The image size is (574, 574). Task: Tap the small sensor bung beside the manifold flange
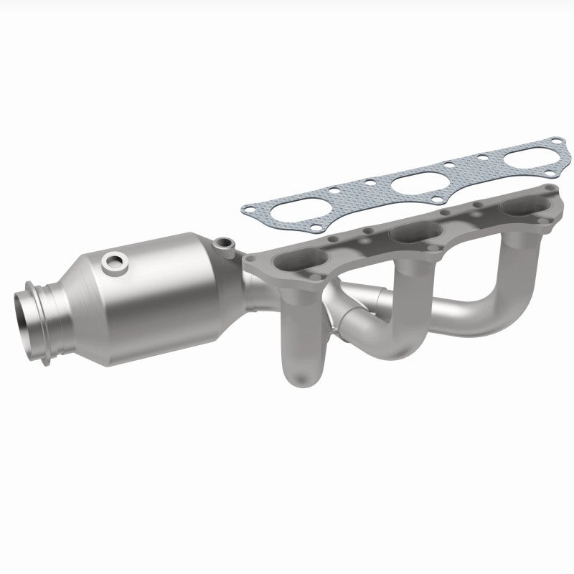[227, 246]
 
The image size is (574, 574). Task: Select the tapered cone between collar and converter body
[83, 287]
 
